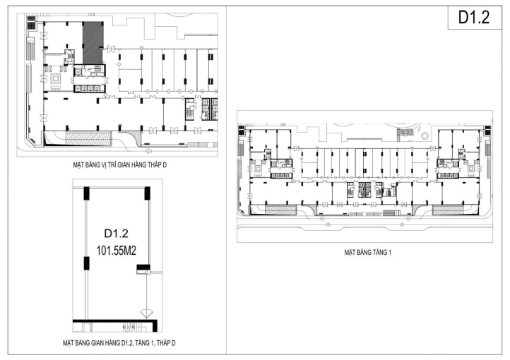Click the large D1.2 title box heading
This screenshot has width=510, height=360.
click(473, 18)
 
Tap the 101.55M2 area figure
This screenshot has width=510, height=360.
click(116, 251)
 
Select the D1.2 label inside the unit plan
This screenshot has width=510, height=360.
click(116, 233)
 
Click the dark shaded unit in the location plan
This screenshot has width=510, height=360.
click(93, 43)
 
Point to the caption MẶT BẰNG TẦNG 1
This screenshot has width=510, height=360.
click(367, 252)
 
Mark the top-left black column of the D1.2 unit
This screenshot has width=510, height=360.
click(86, 193)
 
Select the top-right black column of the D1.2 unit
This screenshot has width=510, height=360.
click(148, 193)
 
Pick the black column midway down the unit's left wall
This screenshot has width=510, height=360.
click(86, 263)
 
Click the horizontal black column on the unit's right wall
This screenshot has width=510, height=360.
click(143, 268)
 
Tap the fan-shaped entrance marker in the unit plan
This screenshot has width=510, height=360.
click(147, 313)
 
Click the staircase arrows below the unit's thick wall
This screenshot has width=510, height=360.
click(129, 327)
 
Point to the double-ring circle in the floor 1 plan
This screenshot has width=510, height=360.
click(425, 136)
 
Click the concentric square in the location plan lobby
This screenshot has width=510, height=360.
click(55, 78)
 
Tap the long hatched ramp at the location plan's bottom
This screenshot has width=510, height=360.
click(89, 138)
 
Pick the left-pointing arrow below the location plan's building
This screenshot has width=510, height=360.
click(149, 151)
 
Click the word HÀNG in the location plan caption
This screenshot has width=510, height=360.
click(136, 165)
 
